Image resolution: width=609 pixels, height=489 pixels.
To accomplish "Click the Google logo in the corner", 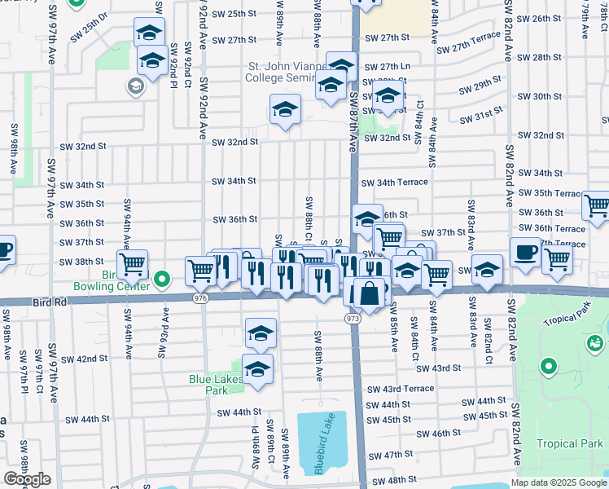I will (27, 479).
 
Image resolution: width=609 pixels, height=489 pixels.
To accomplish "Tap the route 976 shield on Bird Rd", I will (200, 298).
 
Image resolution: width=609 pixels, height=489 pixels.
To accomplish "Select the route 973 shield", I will (353, 317).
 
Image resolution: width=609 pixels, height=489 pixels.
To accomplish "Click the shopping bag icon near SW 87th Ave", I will (370, 292).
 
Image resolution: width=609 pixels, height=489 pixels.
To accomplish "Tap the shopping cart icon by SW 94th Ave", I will (132, 264).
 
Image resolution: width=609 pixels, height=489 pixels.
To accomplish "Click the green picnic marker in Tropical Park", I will (596, 344).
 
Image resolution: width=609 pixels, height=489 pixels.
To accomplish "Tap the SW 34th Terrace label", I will (395, 183).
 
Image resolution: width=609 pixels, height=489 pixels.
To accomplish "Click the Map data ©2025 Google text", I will (558, 482).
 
